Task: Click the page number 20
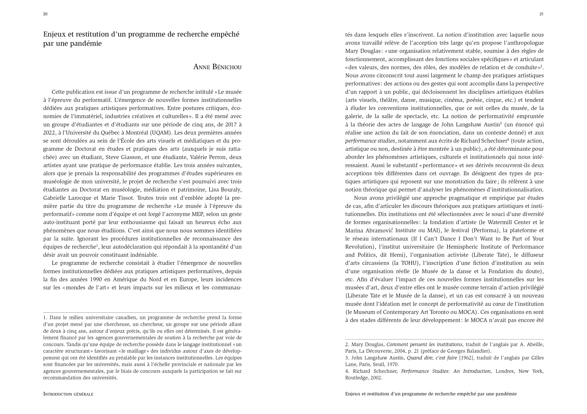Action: pyautogui.click(x=45, y=14)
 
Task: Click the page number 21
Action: pyautogui.click(x=541, y=14)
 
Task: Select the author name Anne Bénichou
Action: pyautogui.click(x=217, y=67)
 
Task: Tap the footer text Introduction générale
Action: pyautogui.click(x=68, y=394)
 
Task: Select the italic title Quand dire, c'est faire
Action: pyautogui.click(x=432, y=358)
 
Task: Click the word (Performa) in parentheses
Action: pyautogui.click(x=486, y=230)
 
